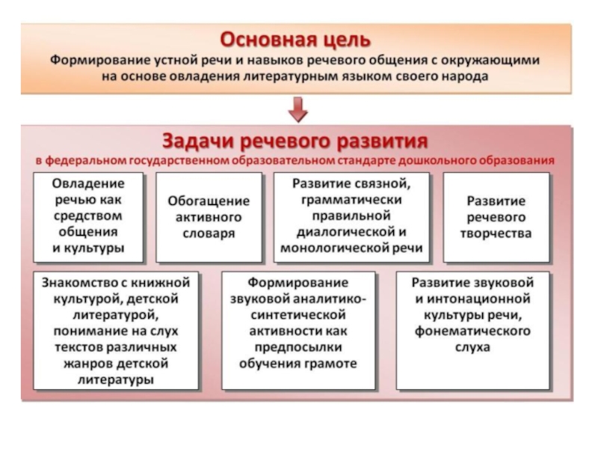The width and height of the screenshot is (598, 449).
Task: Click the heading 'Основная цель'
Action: pos(298,37)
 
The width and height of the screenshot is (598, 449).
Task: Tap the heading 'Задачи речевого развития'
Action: pos(298,141)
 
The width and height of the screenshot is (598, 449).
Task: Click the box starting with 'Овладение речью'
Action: pos(89,216)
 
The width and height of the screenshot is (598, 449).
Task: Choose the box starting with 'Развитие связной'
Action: pos(351,216)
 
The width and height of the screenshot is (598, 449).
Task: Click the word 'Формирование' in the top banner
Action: pos(96,59)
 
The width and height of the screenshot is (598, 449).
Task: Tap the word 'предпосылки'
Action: pos(299,348)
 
